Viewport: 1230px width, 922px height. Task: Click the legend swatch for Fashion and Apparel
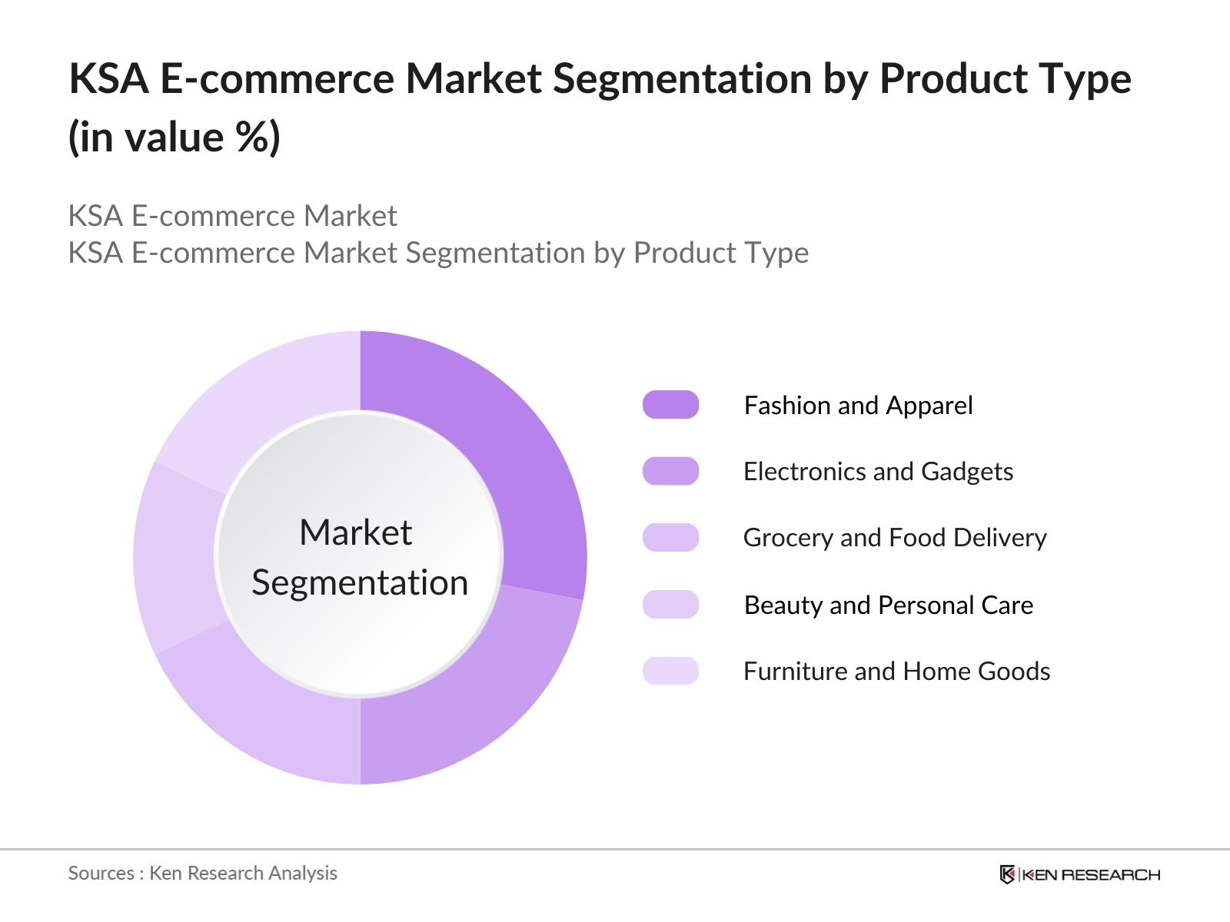point(670,405)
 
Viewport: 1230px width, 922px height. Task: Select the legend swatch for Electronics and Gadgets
point(670,471)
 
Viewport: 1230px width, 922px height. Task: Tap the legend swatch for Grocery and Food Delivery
point(670,538)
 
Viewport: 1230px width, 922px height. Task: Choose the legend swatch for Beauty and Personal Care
point(670,605)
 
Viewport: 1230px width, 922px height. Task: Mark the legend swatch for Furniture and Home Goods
point(670,671)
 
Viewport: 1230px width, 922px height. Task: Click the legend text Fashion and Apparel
point(858,405)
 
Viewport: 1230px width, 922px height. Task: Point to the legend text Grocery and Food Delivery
point(894,538)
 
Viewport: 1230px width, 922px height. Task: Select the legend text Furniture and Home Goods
point(896,671)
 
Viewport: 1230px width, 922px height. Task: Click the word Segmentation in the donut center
point(360,582)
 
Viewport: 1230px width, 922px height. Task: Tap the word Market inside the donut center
point(355,532)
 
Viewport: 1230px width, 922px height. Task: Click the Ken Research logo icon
point(1007,874)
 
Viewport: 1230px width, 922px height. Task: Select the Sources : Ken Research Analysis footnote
point(202,873)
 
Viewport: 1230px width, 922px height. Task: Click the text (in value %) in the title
point(175,138)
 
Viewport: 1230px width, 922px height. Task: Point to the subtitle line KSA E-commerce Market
point(232,216)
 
